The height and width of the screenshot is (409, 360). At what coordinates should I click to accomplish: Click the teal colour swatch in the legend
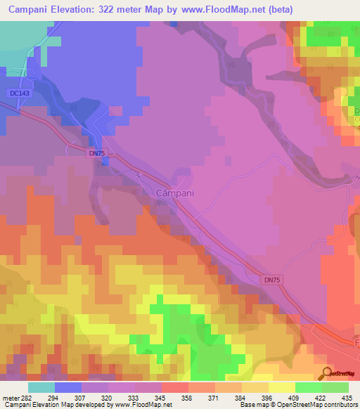41,387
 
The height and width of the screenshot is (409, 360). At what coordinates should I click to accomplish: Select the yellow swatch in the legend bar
282,387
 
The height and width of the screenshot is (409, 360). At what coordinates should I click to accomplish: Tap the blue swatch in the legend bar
68,387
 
